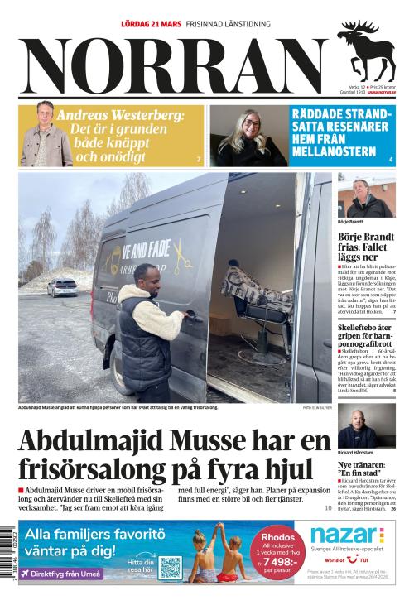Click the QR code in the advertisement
170,567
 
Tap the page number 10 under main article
327,507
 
